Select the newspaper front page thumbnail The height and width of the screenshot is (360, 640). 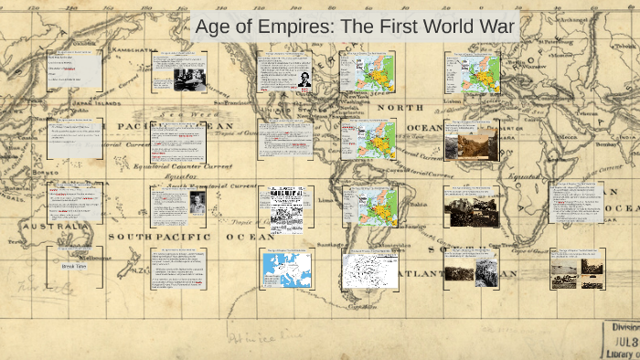point(286,205)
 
